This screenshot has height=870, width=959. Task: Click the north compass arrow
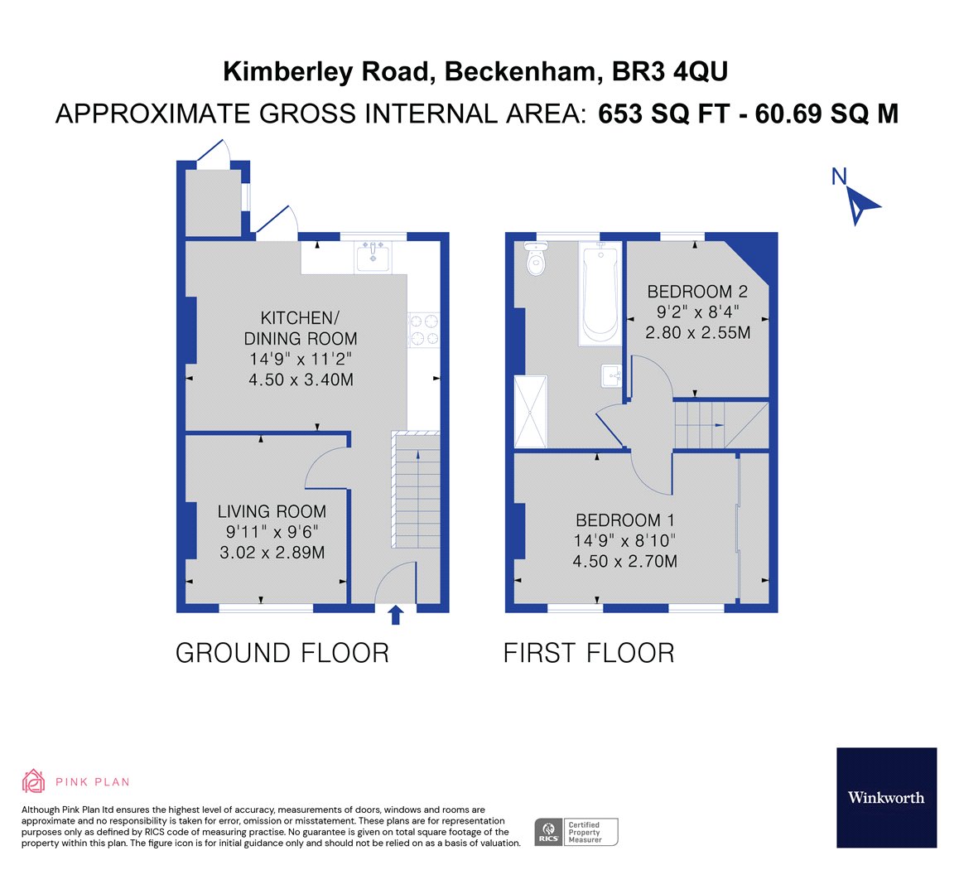click(x=861, y=203)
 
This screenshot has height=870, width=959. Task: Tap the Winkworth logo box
click(x=886, y=797)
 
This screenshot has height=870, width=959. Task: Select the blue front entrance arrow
click(x=396, y=614)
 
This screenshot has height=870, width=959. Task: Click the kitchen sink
click(x=373, y=256)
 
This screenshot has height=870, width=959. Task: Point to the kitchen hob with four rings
click(x=422, y=329)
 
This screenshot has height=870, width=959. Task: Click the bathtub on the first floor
click(x=600, y=293)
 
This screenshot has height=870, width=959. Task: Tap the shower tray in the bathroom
click(x=531, y=411)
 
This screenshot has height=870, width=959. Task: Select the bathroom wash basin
click(x=612, y=375)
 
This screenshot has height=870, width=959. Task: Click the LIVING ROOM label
click(x=272, y=512)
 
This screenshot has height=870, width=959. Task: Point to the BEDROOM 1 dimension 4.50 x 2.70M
click(x=625, y=561)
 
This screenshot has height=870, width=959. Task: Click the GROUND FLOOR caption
click(x=282, y=653)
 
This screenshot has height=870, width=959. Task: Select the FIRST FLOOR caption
click(x=589, y=653)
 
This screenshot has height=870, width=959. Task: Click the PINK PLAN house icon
click(x=33, y=781)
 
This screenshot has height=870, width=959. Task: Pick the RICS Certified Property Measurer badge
click(x=576, y=832)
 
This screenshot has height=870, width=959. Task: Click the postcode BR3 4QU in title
click(x=670, y=72)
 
